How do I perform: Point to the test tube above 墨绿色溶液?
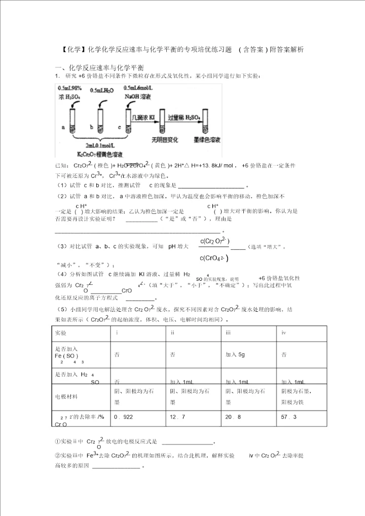205,122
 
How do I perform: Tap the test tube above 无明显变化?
162,122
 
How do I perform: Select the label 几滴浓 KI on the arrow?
143,117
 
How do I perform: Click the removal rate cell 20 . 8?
233,417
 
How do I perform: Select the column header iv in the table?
284,333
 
